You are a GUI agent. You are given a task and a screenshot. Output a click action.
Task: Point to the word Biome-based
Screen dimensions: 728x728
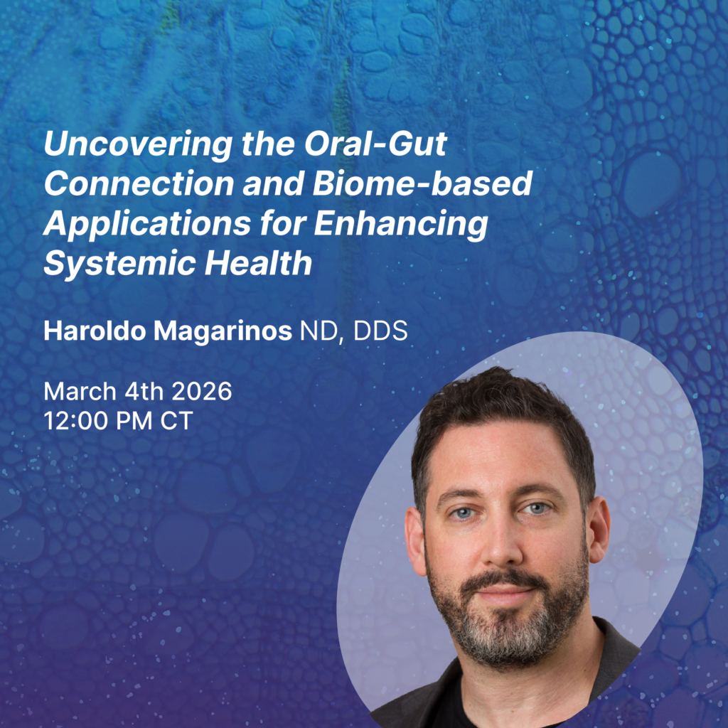pyautogui.click(x=422, y=183)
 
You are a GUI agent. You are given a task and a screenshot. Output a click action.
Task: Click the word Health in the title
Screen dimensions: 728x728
pyautogui.click(x=258, y=263)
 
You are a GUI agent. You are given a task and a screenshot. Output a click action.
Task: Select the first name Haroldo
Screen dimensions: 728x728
pyautogui.click(x=95, y=331)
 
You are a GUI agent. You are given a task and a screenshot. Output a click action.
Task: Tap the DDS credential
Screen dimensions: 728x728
pyautogui.click(x=380, y=331)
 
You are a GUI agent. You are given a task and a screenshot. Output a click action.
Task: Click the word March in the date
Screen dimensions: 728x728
pyautogui.click(x=80, y=392)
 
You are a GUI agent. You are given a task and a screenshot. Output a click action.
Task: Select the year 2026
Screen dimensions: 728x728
pyautogui.click(x=202, y=392)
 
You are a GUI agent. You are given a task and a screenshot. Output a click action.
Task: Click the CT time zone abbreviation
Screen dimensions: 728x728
pyautogui.click(x=177, y=421)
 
